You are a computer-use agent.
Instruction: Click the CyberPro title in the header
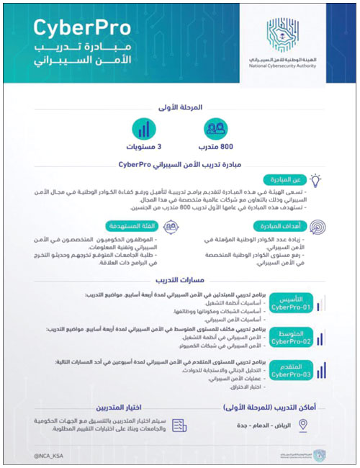point(79,28)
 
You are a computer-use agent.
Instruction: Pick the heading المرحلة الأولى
point(179,107)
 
